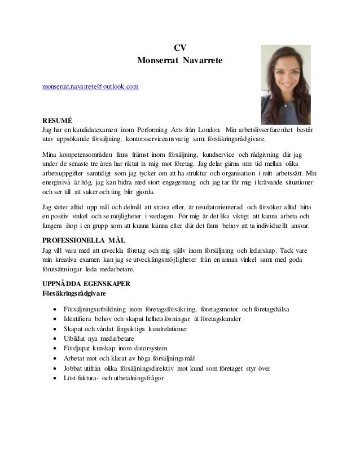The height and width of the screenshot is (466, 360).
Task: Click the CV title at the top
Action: (x=180, y=47)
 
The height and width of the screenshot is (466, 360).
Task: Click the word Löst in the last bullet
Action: (x=71, y=379)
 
